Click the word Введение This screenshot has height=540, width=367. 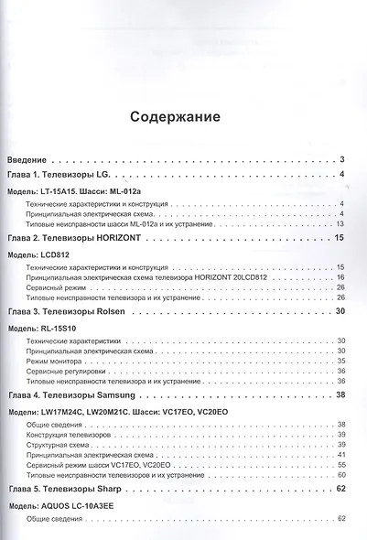[x=30, y=158]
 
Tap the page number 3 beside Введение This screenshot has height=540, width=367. [x=340, y=158]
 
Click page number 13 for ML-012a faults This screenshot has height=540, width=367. [x=339, y=223]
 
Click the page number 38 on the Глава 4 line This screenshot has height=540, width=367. [x=339, y=394]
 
